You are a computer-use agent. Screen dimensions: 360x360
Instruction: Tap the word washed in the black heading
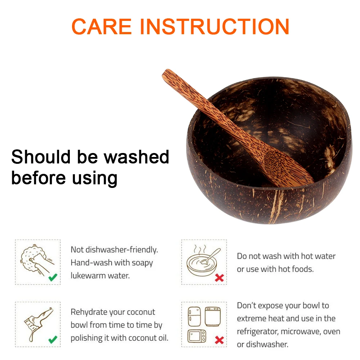point(136,157)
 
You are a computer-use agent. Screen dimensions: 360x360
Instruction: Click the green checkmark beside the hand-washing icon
point(53,277)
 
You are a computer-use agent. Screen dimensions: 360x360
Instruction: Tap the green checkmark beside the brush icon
point(53,339)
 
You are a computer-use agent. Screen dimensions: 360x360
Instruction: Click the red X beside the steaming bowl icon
point(219,278)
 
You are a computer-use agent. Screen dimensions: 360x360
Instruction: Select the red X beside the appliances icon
point(219,340)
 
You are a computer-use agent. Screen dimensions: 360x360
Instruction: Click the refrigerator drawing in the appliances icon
point(194,317)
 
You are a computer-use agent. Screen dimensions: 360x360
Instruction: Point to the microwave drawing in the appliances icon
point(197,336)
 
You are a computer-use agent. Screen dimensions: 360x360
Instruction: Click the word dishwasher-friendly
point(122,250)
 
